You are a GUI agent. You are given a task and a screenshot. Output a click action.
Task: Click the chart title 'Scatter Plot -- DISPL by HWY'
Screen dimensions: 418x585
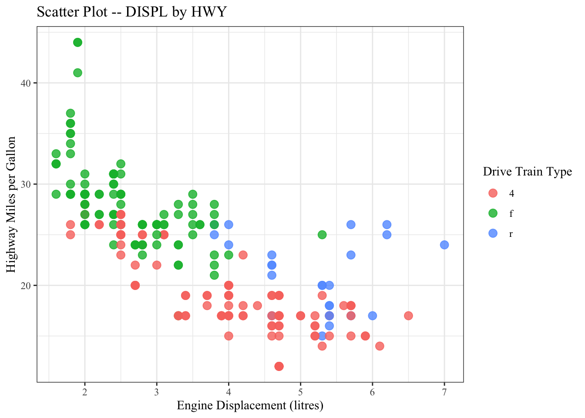click(x=131, y=12)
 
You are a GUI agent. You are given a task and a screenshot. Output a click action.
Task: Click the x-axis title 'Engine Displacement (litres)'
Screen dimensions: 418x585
click(x=250, y=406)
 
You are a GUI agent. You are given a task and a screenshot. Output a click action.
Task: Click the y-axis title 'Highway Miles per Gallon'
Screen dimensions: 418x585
click(x=11, y=205)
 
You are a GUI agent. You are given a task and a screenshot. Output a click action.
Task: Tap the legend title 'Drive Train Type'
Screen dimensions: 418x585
click(x=527, y=172)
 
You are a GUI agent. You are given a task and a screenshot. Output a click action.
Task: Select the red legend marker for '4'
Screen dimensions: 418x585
click(x=493, y=193)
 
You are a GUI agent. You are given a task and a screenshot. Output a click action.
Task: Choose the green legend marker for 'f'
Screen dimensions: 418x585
click(x=493, y=213)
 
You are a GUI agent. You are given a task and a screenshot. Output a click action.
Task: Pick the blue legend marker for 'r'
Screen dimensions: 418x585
click(x=493, y=233)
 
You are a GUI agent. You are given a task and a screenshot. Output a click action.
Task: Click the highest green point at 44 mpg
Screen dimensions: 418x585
click(x=77, y=42)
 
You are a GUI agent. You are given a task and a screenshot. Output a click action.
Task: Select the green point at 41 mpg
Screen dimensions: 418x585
click(x=77, y=73)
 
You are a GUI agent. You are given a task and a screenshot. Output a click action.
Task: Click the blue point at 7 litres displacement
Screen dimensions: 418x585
click(x=444, y=245)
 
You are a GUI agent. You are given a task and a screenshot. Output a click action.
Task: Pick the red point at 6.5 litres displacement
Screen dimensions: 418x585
click(x=408, y=316)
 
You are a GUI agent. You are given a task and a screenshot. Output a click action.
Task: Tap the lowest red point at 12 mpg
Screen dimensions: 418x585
click(x=279, y=366)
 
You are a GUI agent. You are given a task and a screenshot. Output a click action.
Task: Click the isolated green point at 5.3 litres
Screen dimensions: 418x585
click(x=322, y=235)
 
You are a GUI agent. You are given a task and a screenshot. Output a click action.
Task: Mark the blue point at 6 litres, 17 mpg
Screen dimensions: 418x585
click(x=373, y=316)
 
